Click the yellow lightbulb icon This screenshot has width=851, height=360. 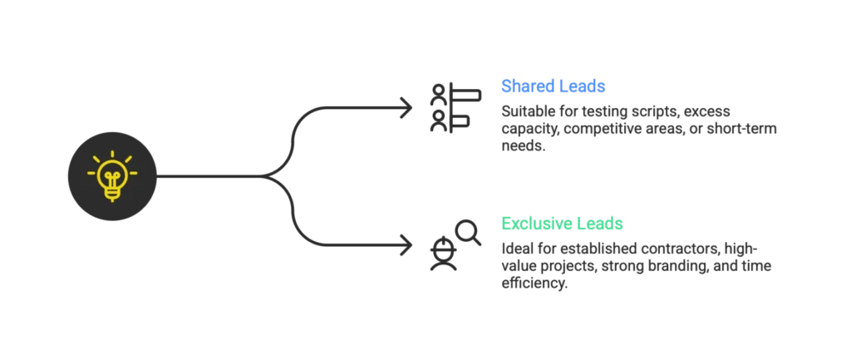pyautogui.click(x=112, y=176)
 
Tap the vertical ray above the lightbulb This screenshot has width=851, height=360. pyautogui.click(x=112, y=152)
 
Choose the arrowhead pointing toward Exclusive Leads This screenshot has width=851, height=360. pyautogui.click(x=409, y=245)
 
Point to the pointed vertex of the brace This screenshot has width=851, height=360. pyautogui.click(x=268, y=175)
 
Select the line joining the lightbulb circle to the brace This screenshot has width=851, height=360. pyautogui.click(x=212, y=175)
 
